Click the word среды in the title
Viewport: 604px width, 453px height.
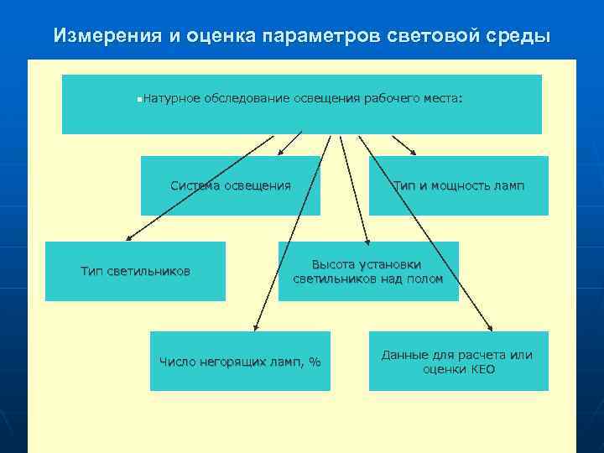pyautogui.click(x=523, y=36)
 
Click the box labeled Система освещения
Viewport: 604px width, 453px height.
pyautogui.click(x=230, y=185)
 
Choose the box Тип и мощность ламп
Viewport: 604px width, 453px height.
pyautogui.click(x=458, y=185)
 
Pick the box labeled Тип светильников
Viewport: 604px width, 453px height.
pyautogui.click(x=135, y=271)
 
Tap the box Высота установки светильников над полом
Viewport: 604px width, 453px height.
pyautogui.click(x=368, y=271)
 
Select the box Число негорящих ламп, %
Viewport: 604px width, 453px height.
pyautogui.click(x=240, y=362)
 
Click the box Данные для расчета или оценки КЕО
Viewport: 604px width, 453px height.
pyautogui.click(x=458, y=362)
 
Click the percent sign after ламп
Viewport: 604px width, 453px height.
pyautogui.click(x=315, y=362)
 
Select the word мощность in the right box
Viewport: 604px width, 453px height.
pyautogui.click(x=461, y=185)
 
